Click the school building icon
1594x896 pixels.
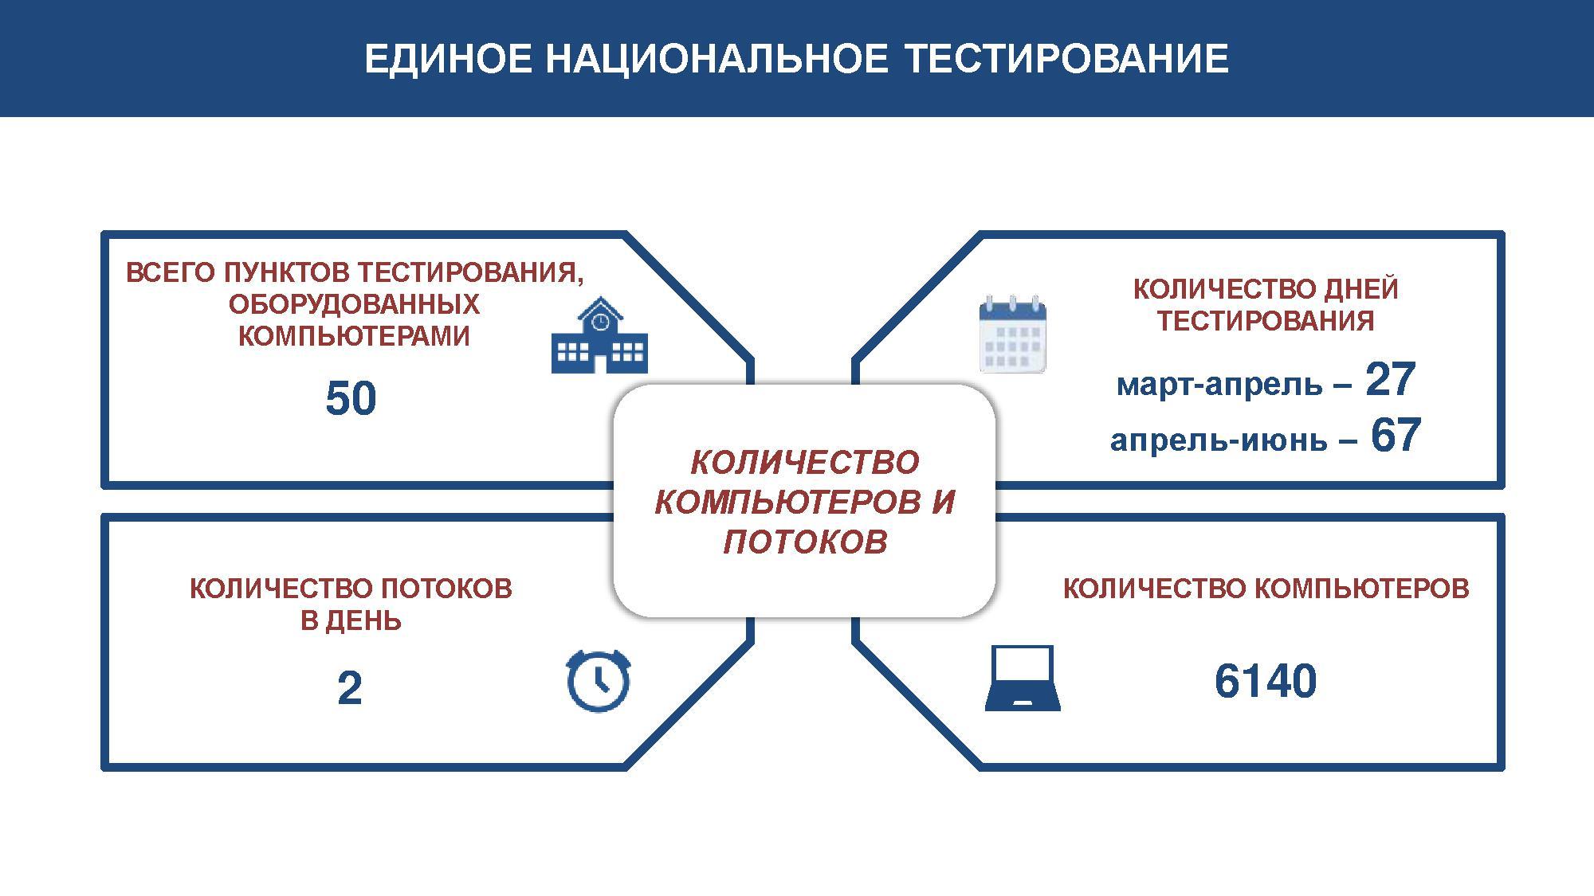pos(599,336)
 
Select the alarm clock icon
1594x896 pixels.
pos(599,680)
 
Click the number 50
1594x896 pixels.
pos(351,399)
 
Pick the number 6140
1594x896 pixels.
pos(1265,682)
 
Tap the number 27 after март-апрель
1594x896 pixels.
pos(1390,380)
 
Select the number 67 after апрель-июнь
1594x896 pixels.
pos(1396,436)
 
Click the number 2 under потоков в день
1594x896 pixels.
pos(350,689)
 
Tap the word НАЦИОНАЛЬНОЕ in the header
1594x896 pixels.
pos(716,60)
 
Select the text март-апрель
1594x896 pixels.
pos(1219,385)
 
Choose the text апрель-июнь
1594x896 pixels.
pos(1219,440)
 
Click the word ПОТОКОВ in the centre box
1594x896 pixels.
pos(805,542)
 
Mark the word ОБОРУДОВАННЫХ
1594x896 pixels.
pos(354,304)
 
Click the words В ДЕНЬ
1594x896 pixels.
pos(351,620)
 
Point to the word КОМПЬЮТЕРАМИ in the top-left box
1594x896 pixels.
pos(354,336)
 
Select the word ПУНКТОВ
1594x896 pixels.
pos(286,273)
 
